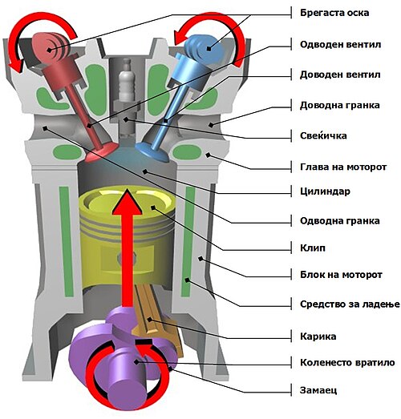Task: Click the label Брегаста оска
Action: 334,13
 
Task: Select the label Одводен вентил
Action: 340,44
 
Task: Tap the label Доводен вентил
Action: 340,75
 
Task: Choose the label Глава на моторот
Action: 343,167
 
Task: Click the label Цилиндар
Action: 325,191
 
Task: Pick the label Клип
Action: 313,248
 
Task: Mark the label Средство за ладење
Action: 350,304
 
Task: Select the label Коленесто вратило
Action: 347,363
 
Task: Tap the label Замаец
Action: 318,390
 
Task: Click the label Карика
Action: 318,336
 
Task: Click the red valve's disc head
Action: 102,152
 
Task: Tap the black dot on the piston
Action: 153,207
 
